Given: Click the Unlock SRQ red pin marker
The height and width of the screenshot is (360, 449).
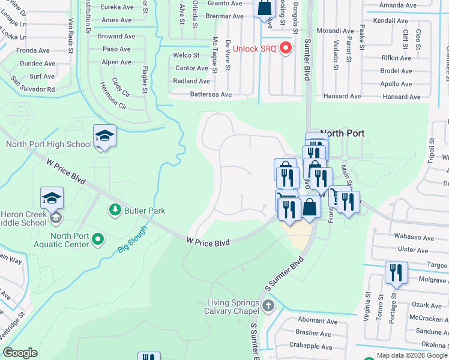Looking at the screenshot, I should (x=285, y=49).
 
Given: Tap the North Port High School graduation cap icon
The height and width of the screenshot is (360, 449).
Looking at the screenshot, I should (x=104, y=135).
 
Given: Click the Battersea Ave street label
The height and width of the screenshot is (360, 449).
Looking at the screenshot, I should (x=211, y=94).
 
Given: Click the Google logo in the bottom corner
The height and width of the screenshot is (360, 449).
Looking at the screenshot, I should (x=20, y=352).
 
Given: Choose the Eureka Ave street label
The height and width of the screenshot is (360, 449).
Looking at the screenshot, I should (x=116, y=7).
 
